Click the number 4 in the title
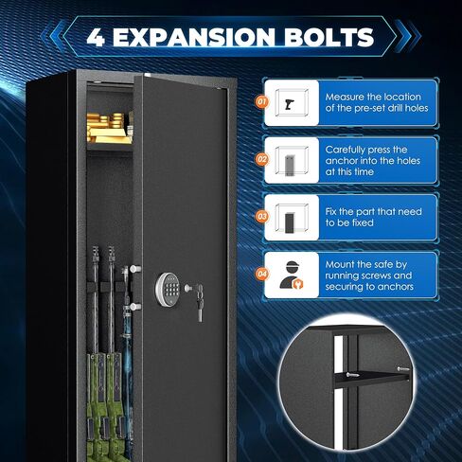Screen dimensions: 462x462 pyautogui.click(x=97, y=39)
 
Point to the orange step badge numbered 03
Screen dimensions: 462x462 pyautogui.click(x=261, y=216)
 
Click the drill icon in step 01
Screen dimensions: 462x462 pyautogui.click(x=288, y=103)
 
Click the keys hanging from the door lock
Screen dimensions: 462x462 pyautogui.click(x=198, y=303)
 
